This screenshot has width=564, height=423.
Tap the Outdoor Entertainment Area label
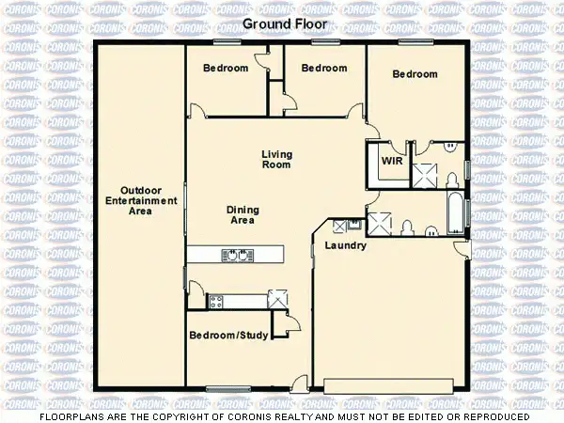141,200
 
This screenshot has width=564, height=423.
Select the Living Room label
276,159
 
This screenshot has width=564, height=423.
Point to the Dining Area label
243,214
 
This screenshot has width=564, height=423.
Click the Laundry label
344,245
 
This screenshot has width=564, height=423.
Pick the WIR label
391,161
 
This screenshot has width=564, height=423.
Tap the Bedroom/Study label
228,335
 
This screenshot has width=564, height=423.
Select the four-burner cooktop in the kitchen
215,302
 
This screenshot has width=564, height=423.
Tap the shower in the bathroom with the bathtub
380,223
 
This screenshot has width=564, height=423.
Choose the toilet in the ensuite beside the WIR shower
452,179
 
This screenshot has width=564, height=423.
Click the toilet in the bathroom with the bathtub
408,227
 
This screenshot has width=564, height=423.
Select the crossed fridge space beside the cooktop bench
276,300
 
